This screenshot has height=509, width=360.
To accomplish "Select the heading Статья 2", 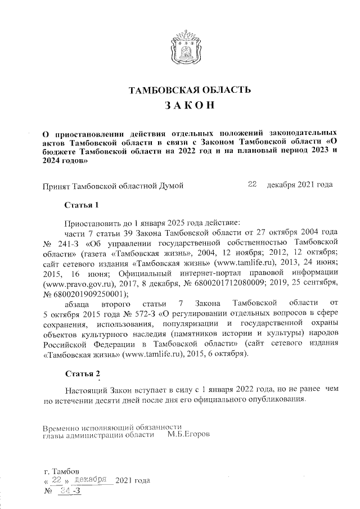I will click(82, 374).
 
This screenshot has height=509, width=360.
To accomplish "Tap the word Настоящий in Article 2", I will click(86, 390).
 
